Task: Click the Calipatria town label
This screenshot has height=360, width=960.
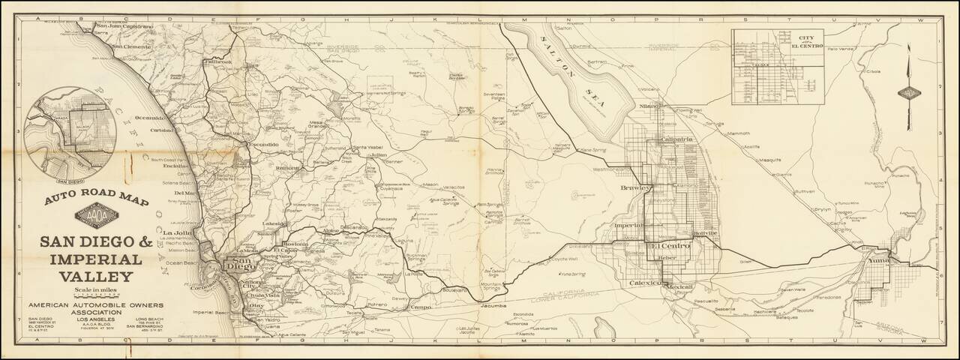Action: point(675,139)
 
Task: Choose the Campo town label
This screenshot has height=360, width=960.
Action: point(422,307)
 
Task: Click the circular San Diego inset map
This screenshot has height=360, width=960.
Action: point(70,134)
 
